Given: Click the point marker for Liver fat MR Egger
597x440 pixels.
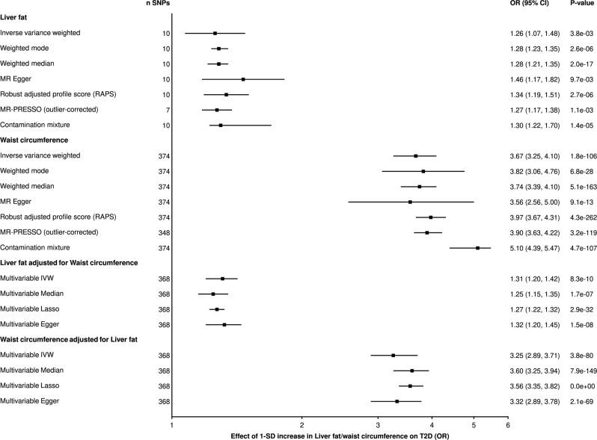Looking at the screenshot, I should coord(243,79).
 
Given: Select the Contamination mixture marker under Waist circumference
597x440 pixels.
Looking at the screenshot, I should coord(478,247).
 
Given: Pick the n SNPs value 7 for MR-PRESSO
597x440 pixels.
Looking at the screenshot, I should coord(168,110).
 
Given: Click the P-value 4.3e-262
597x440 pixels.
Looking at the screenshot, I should coord(574,217).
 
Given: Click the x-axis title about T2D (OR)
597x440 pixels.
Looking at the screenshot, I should coord(340,434).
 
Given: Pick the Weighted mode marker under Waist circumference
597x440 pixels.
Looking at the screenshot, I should coord(423,171).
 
